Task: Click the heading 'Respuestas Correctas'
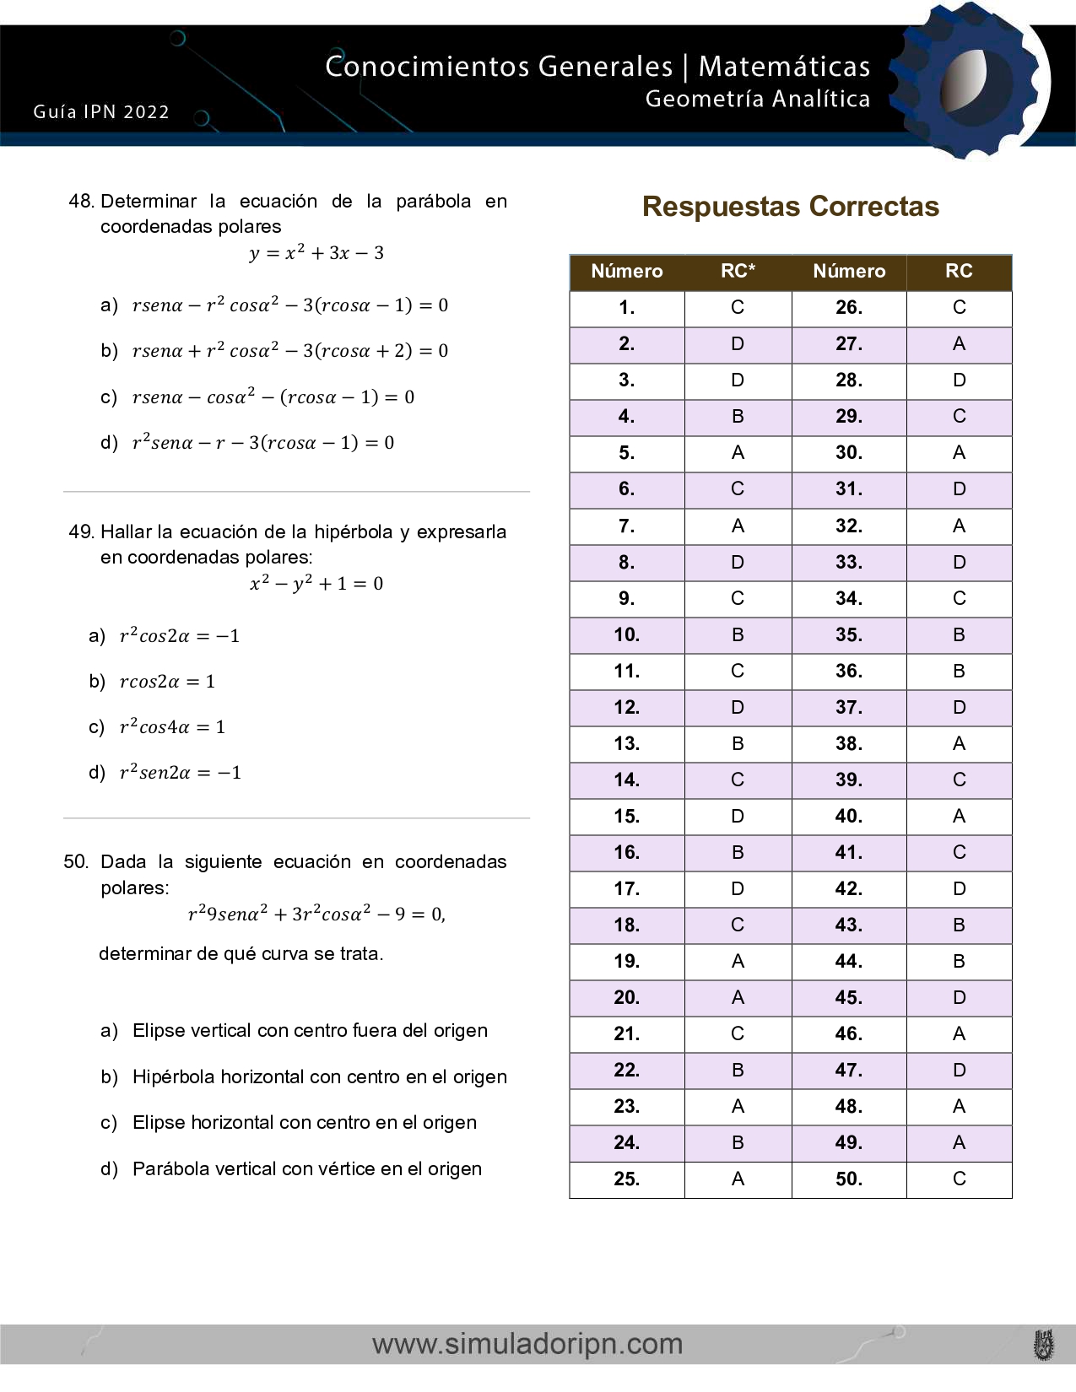pyautogui.click(x=790, y=207)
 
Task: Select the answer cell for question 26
pyautogui.click(x=959, y=308)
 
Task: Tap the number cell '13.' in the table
pyautogui.click(x=626, y=744)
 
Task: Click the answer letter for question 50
pyautogui.click(x=959, y=1179)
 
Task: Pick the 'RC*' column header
pyautogui.click(x=738, y=272)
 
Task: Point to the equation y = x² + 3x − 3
pyautogui.click(x=316, y=253)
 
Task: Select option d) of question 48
pyautogui.click(x=262, y=443)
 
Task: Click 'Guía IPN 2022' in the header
pyautogui.click(x=101, y=112)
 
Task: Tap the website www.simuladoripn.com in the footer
pyautogui.click(x=527, y=1344)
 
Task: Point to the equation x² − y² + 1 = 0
pyautogui.click(x=316, y=584)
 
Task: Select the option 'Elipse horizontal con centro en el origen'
pyautogui.click(x=304, y=1123)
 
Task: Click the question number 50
pyautogui.click(x=76, y=862)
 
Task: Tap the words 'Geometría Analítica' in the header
pyautogui.click(x=757, y=100)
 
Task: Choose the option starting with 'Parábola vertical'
pyautogui.click(x=306, y=1169)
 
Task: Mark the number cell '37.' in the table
pyautogui.click(x=848, y=708)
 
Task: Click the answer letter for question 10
pyautogui.click(x=738, y=635)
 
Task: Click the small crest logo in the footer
pyautogui.click(x=1044, y=1345)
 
